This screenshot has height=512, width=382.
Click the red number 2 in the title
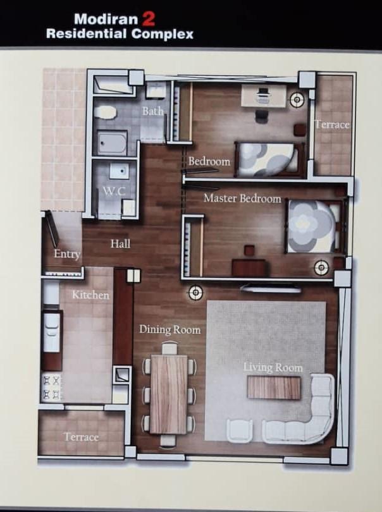tap(148, 20)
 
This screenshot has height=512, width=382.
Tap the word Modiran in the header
tap(106, 19)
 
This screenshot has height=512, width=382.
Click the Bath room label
tap(152, 111)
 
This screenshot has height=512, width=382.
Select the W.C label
tap(114, 191)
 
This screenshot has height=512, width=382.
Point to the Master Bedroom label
tap(242, 198)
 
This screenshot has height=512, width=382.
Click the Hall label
tap(120, 243)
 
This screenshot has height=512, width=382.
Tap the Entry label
tap(67, 254)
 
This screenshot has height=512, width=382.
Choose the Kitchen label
tap(90, 295)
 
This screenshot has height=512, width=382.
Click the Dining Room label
tap(170, 329)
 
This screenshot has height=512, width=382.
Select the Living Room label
tap(273, 368)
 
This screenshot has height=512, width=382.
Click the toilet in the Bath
tap(105, 113)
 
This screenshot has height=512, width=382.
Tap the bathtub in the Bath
tap(112, 143)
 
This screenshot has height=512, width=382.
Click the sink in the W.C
tap(119, 171)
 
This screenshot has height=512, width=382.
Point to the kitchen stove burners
tap(52, 387)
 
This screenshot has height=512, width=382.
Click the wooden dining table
tap(169, 394)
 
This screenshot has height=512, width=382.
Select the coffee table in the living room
tap(274, 387)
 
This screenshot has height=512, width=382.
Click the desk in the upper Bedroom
tap(264, 95)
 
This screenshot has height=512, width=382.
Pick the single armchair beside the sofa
tap(240, 431)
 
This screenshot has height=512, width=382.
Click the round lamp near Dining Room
tap(195, 293)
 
